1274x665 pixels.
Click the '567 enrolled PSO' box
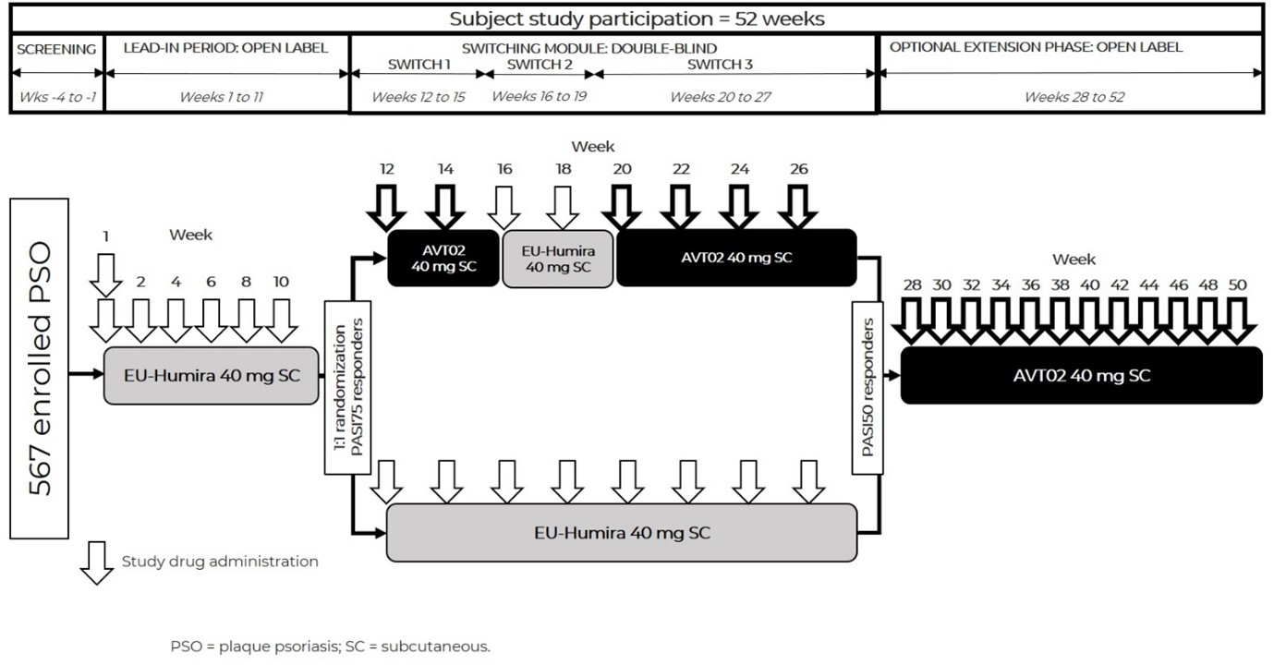[x=39, y=367]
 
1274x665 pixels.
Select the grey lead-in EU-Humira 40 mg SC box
[x=211, y=376]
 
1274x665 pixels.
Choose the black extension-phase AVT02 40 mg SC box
[x=1081, y=376]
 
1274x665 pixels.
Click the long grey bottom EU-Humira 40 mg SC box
[x=622, y=532]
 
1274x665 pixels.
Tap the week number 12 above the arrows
[x=386, y=170]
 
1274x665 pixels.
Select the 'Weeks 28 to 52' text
[x=1074, y=97]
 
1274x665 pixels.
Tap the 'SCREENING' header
[x=56, y=49]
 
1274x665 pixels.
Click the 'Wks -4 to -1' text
[x=56, y=97]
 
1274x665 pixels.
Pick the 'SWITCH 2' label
[x=540, y=65]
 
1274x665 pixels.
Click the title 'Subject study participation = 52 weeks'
[x=636, y=18]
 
